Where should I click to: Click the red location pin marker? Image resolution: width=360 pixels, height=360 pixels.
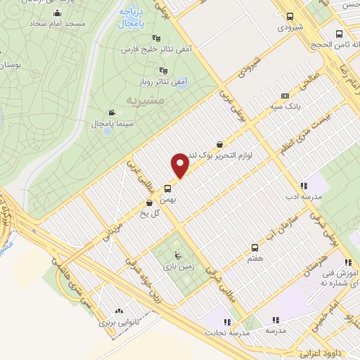pyautogui.click(x=181, y=165)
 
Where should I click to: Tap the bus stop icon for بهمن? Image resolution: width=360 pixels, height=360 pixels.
pyautogui.click(x=167, y=188)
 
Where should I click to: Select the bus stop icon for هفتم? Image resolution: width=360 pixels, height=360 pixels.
pyautogui.click(x=255, y=247)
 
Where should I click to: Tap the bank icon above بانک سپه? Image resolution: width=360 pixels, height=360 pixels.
pyautogui.click(x=284, y=96)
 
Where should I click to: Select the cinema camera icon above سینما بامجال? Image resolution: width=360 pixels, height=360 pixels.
pyautogui.click(x=111, y=112)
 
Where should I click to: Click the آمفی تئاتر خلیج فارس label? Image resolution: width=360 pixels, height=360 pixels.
pyautogui.click(x=157, y=50)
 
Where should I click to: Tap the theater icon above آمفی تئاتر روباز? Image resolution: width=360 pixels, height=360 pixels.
pyautogui.click(x=163, y=70)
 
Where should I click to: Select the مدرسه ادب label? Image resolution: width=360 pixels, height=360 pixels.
pyautogui.click(x=302, y=197)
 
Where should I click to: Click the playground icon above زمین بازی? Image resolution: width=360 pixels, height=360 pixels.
pyautogui.click(x=176, y=255)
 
